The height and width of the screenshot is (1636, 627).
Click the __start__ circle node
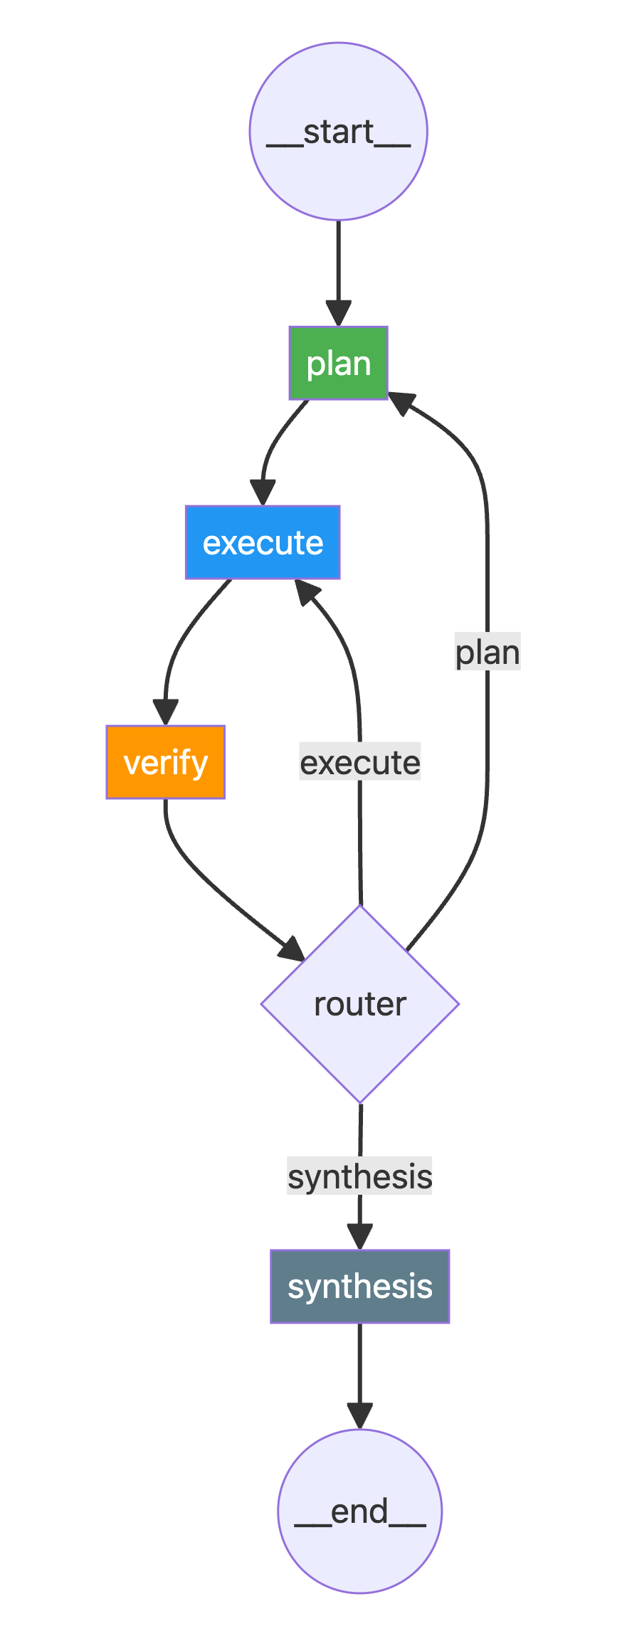click(x=338, y=131)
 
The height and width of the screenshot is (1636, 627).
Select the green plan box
click(x=338, y=363)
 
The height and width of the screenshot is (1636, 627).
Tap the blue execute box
click(x=263, y=542)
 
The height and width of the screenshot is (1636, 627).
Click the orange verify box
click(x=165, y=762)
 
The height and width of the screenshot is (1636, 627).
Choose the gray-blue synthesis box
click(x=359, y=1286)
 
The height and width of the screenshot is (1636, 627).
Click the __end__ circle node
click(x=359, y=1511)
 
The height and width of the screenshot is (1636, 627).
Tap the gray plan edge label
click(x=488, y=652)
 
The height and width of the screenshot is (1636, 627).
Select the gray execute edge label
click(x=360, y=762)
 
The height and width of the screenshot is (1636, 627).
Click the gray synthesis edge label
click(x=359, y=1176)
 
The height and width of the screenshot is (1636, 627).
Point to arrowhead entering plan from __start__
click(x=338, y=314)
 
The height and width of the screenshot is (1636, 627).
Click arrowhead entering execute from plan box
click(x=263, y=493)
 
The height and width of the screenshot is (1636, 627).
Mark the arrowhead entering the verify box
click(x=165, y=712)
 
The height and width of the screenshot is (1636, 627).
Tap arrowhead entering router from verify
click(x=292, y=949)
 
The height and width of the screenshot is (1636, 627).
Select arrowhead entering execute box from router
click(x=307, y=591)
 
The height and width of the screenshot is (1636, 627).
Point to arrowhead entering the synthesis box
click(x=359, y=1237)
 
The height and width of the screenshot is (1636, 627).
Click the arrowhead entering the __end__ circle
click(x=359, y=1416)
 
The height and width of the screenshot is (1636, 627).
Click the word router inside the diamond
click(x=360, y=1004)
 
